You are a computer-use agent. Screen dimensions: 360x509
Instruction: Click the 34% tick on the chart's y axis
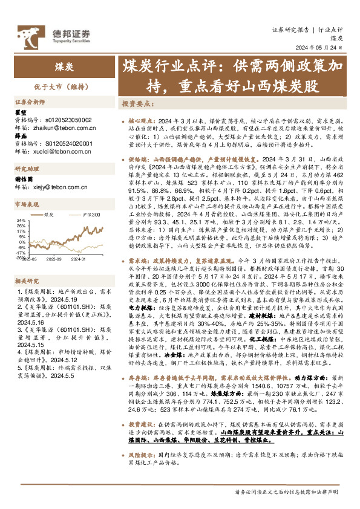pos(21,220)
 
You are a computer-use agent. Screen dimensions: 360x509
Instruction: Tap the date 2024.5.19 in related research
pos(59,298)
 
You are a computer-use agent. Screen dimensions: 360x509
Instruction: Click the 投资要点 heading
pos(136,103)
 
